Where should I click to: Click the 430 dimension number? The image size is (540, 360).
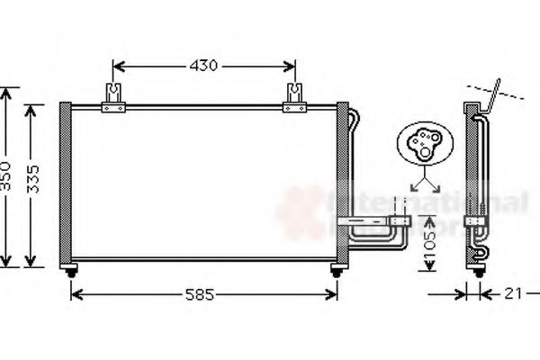[x=204, y=66]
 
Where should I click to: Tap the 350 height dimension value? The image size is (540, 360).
[x=7, y=177]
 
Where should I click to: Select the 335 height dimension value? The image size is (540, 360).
[x=33, y=184]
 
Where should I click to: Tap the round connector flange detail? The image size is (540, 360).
[x=421, y=144]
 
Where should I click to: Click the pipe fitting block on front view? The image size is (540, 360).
[x=399, y=220]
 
